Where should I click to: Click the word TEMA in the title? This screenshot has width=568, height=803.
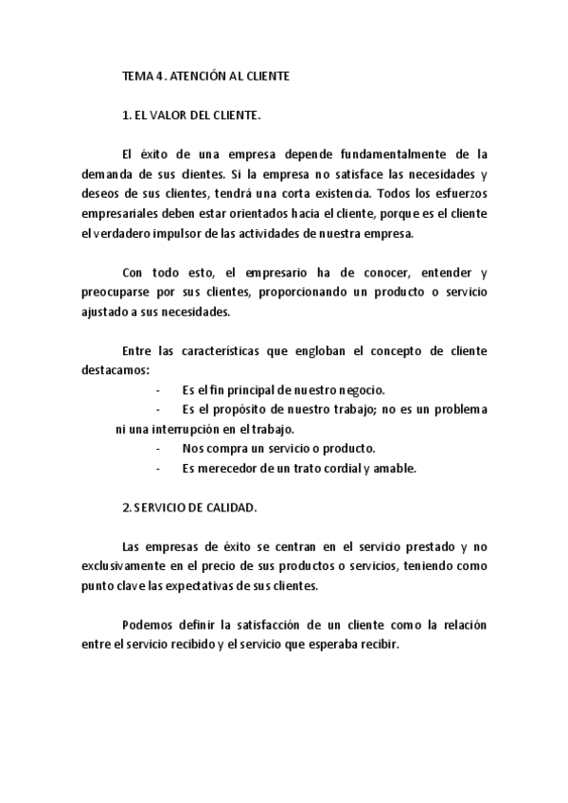coord(138,79)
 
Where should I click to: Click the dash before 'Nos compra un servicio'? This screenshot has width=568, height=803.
coord(156,448)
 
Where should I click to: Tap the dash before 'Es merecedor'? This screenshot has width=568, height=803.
coord(156,468)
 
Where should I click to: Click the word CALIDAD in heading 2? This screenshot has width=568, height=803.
coord(231,508)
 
